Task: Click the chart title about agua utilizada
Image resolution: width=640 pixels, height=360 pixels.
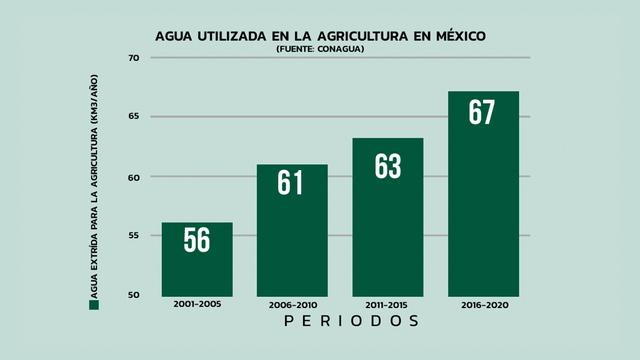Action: tap(320, 37)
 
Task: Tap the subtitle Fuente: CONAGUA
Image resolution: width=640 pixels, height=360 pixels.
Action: tap(320, 49)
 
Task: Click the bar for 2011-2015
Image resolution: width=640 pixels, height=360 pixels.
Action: tap(387, 234)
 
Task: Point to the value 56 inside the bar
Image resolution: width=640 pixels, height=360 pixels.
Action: tap(197, 240)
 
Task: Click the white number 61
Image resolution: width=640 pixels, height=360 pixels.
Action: tap(290, 182)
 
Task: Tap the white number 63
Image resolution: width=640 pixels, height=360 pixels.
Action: tap(388, 166)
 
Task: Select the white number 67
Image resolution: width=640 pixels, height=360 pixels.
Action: tap(482, 112)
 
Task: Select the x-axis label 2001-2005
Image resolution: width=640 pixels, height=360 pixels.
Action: tap(197, 304)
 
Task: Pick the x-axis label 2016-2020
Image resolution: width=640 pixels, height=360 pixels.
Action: tap(484, 305)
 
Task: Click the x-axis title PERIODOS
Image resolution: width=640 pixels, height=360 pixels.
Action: tap(351, 321)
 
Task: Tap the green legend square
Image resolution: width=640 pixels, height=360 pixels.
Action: tap(94, 305)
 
